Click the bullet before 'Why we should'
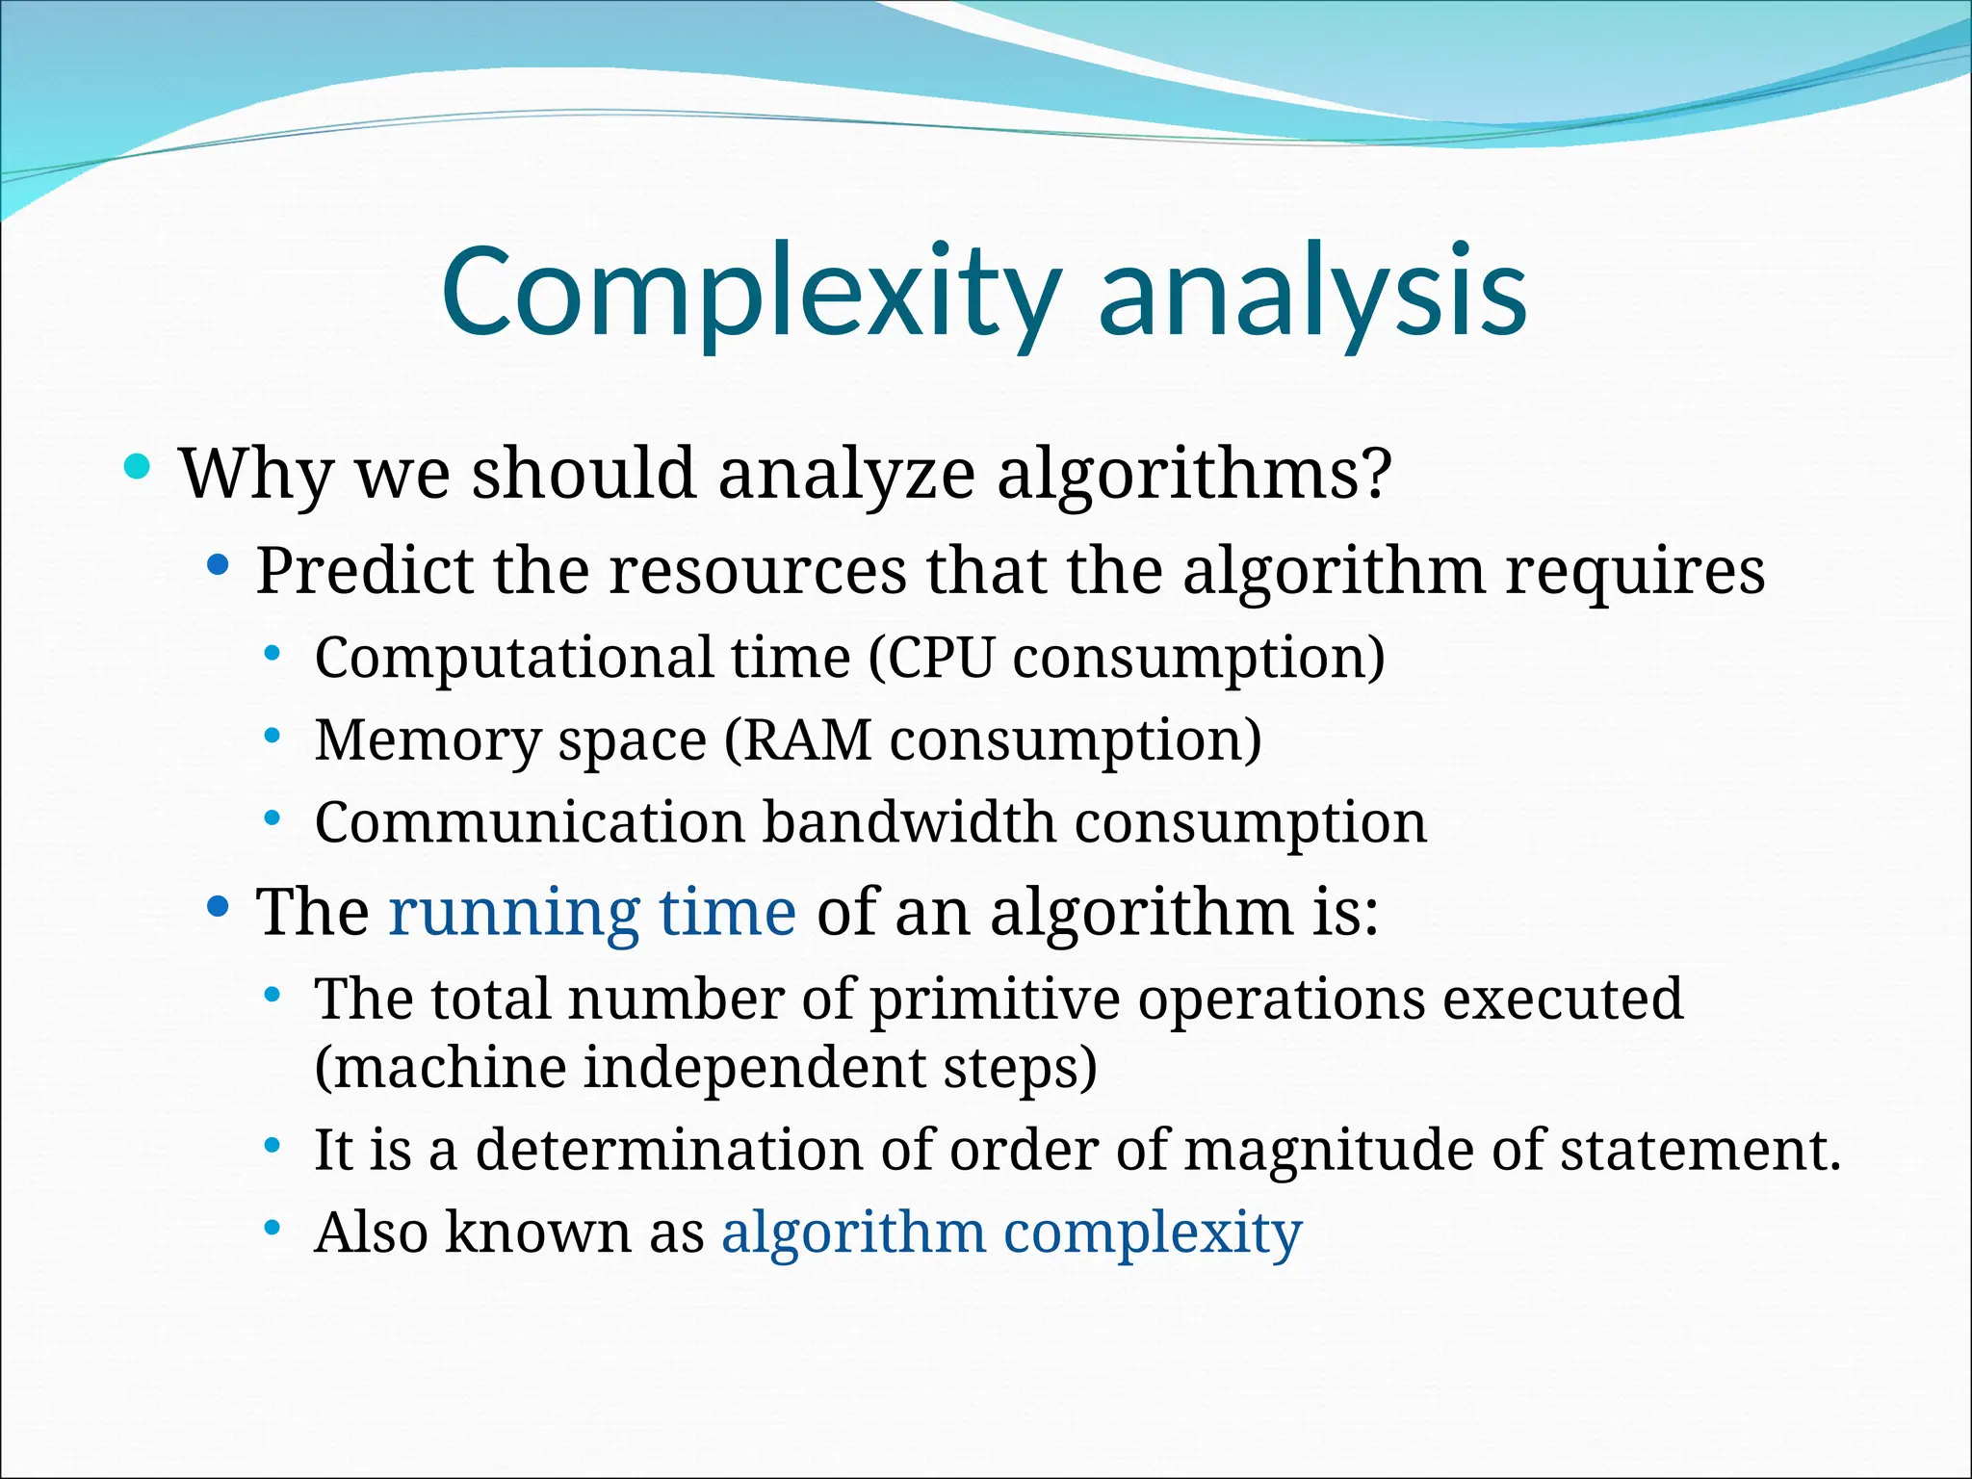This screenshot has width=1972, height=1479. (x=138, y=468)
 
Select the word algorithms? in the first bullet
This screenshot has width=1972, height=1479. (x=1194, y=474)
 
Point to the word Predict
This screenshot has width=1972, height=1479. (x=365, y=570)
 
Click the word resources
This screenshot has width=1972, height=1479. (x=758, y=572)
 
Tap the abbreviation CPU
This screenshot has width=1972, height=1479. (x=939, y=658)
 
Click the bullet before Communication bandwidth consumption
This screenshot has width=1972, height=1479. (x=272, y=819)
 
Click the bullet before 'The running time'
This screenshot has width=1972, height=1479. (x=219, y=906)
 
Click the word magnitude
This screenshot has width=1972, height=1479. (x=1328, y=1150)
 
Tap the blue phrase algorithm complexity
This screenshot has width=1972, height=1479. (x=1012, y=1232)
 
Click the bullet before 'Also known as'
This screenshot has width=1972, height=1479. (x=272, y=1228)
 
